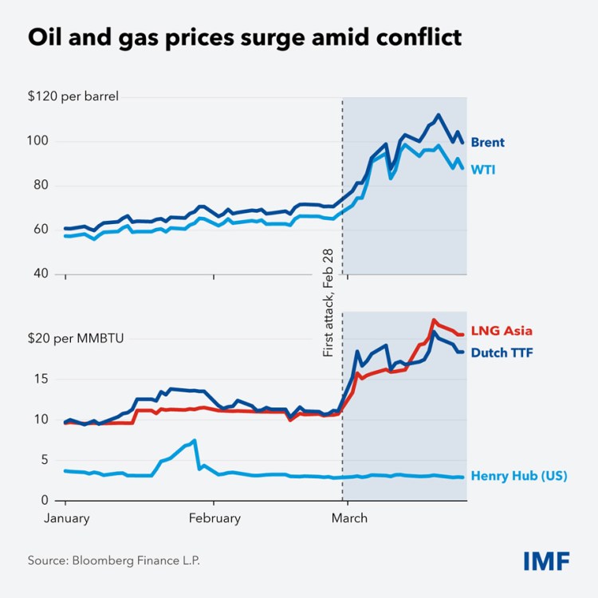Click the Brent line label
pos(486,143)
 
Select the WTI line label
pos(482,169)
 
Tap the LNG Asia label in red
pos(502,330)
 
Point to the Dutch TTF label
pos(502,352)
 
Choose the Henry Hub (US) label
pos(519,476)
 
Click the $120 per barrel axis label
pos(73,97)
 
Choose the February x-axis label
pos(214,518)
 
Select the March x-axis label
pos(348,518)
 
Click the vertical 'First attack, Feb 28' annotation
pos(328,302)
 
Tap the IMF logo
pos(546,561)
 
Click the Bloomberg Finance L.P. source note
pos(114,561)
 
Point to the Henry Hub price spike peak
pos(194,440)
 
